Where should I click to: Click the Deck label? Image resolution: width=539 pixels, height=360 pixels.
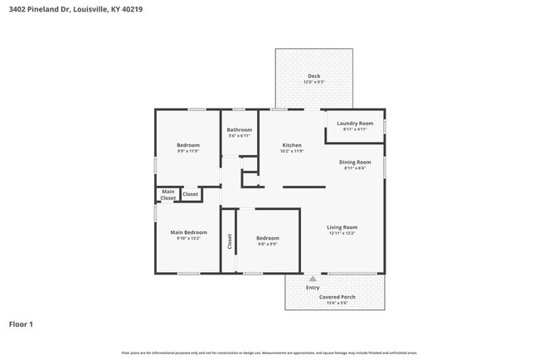(x=313, y=76)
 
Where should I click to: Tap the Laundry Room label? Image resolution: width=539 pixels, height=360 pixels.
(x=355, y=123)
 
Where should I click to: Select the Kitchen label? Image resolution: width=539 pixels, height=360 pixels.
(x=291, y=145)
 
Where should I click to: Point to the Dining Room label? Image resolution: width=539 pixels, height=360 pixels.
(x=355, y=162)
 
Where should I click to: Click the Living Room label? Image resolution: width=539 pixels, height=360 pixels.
(x=342, y=226)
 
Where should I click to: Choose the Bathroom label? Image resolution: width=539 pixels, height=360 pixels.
(x=240, y=129)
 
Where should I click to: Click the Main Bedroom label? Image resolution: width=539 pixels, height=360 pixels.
(x=189, y=232)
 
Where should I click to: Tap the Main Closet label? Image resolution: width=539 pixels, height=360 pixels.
(x=168, y=195)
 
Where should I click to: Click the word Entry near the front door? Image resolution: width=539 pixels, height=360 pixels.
(x=313, y=287)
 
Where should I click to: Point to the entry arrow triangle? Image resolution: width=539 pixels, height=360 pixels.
(x=313, y=279)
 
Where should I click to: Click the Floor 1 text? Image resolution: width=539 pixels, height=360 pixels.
(x=21, y=324)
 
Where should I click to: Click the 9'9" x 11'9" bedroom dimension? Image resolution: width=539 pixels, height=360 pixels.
(x=188, y=151)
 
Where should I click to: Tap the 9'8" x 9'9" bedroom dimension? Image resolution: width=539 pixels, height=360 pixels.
(x=267, y=244)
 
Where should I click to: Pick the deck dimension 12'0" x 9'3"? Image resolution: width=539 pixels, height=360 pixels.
(x=313, y=82)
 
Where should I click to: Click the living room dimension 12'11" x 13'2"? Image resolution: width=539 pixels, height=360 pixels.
(x=342, y=233)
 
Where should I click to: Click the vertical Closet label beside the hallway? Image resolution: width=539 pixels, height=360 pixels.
(x=230, y=241)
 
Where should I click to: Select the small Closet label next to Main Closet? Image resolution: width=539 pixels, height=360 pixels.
(x=190, y=194)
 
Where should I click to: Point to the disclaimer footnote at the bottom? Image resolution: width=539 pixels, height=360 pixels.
(x=269, y=353)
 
